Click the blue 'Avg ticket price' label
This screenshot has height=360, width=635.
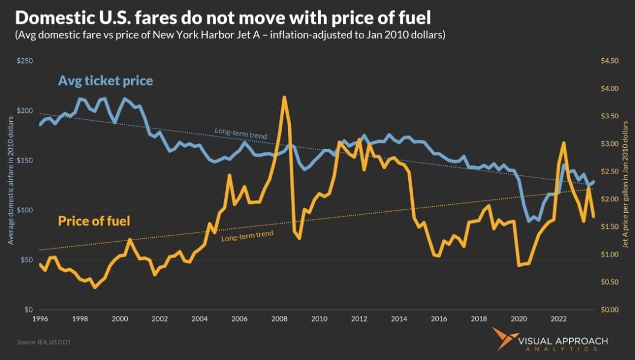(105, 81)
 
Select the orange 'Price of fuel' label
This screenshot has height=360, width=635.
(93, 221)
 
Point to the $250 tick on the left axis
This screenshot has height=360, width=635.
(24, 61)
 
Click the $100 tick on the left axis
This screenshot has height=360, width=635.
(24, 210)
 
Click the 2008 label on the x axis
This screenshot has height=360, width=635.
(279, 319)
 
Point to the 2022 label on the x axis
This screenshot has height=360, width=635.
(559, 319)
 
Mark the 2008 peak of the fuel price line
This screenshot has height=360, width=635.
(284, 97)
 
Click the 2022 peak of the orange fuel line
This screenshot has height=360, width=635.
(563, 142)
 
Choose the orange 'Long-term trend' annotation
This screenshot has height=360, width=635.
(247, 234)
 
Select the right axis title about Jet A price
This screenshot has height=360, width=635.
(627, 185)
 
